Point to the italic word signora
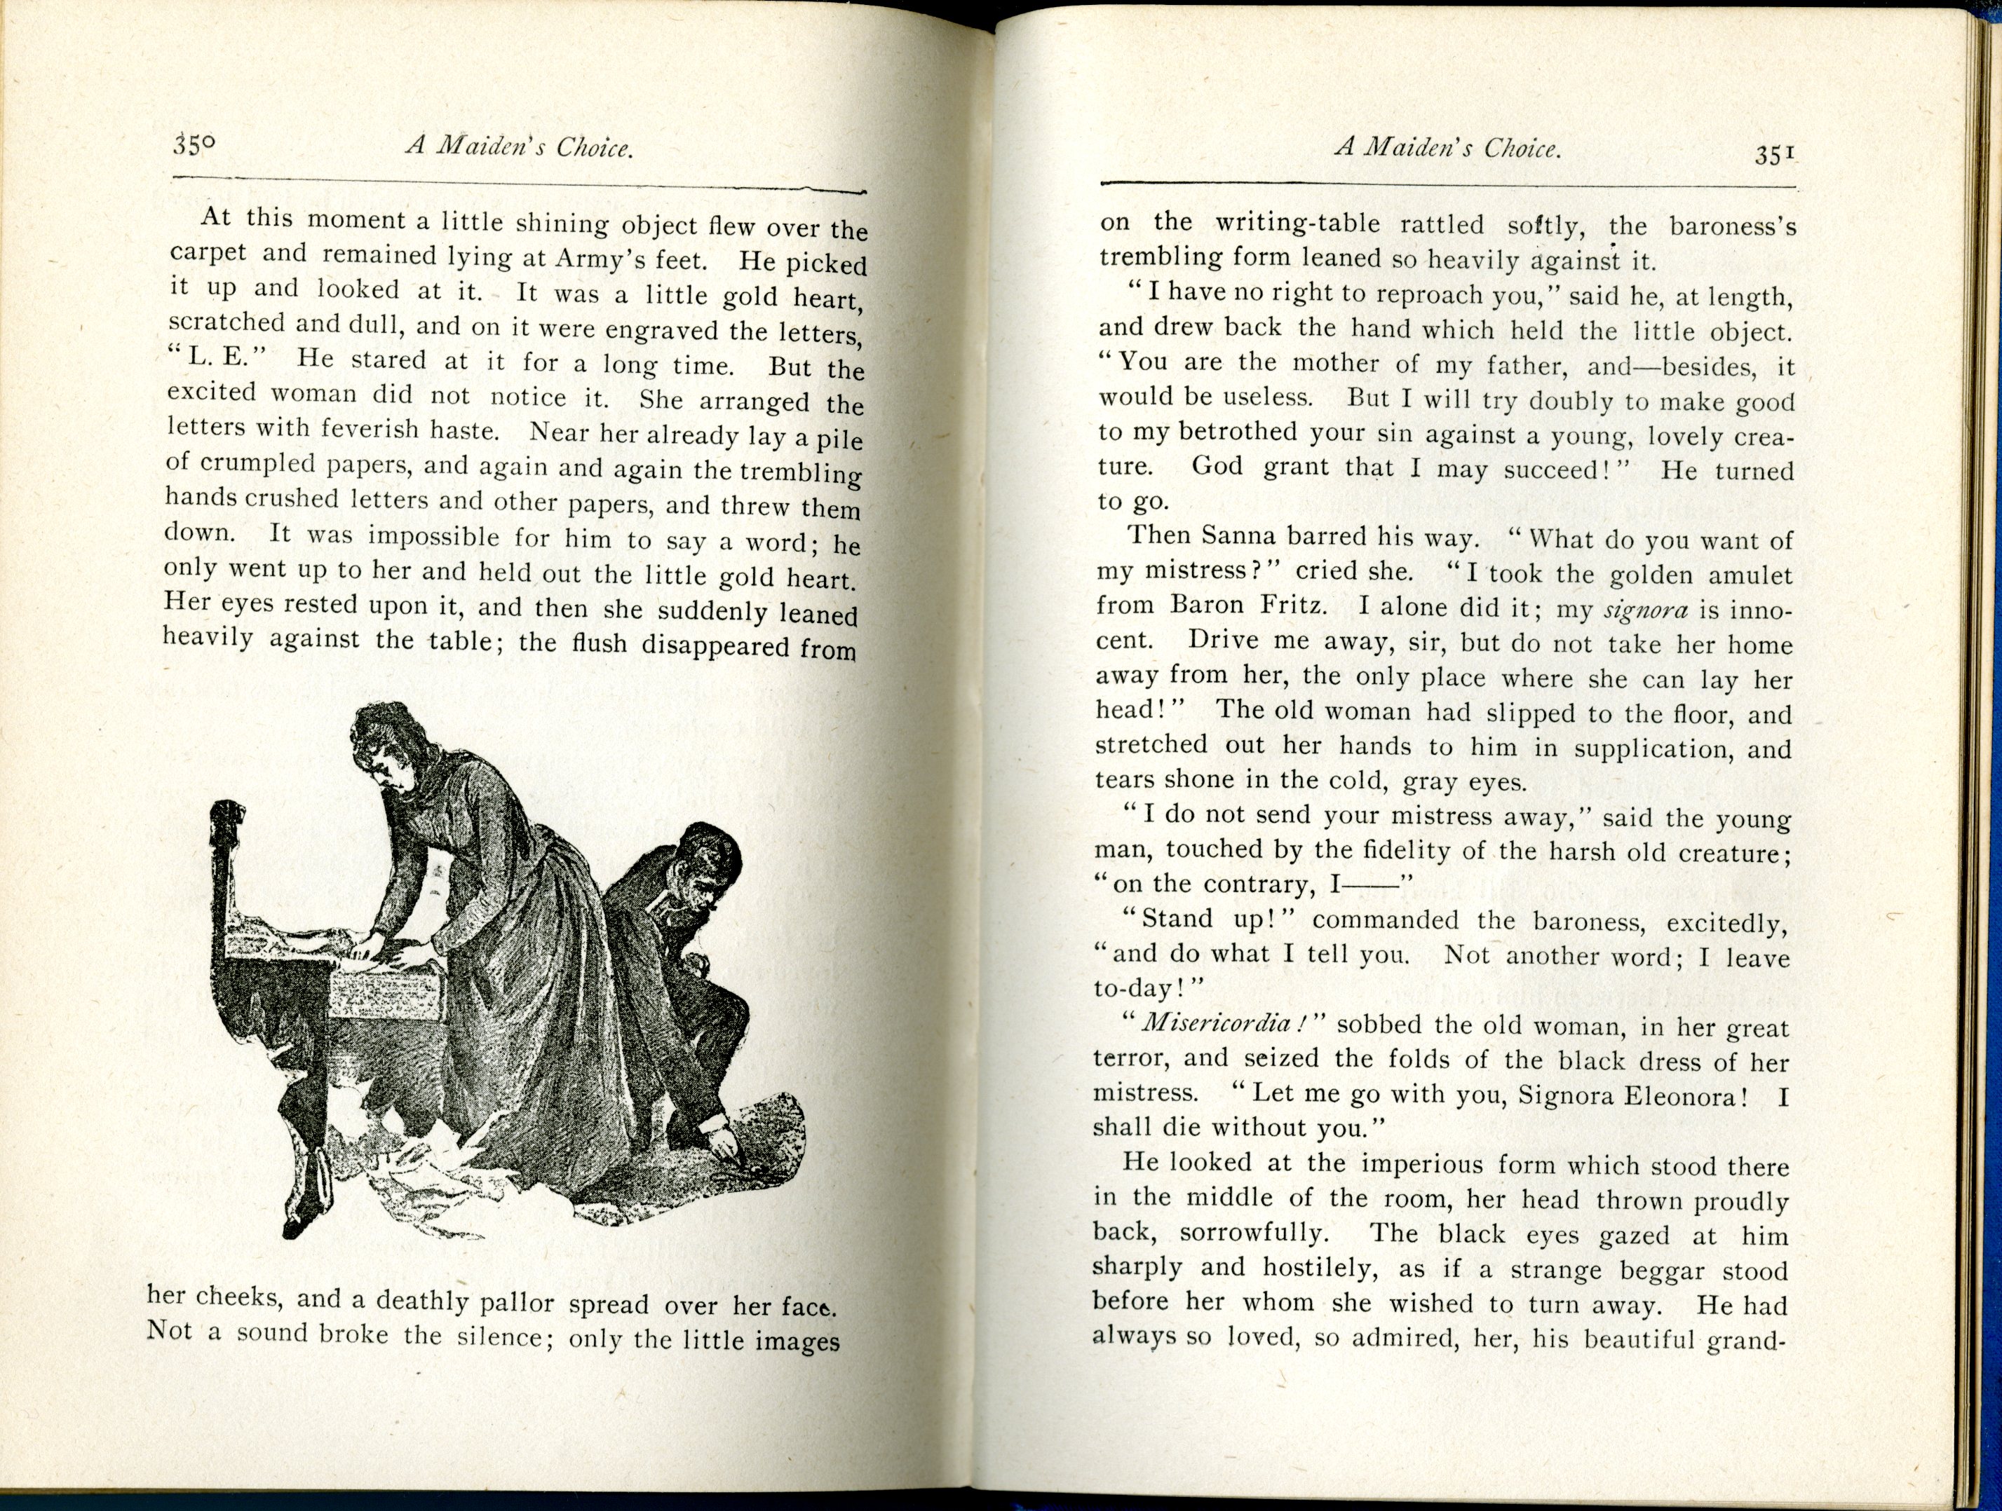tap(1645, 610)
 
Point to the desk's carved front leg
tap(299, 1167)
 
